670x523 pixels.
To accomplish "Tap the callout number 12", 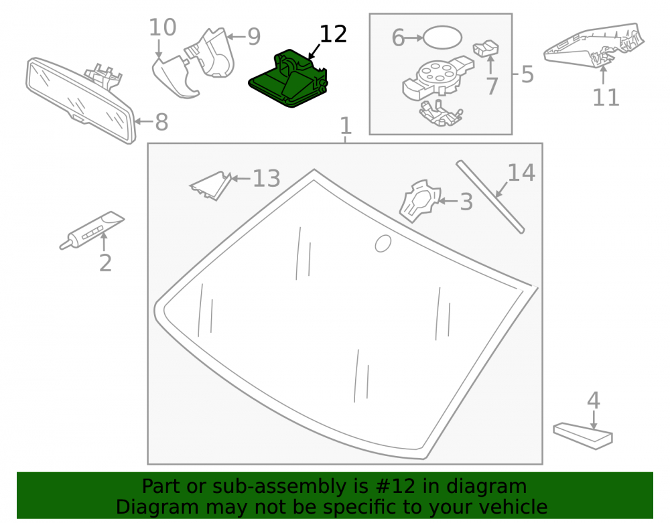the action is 333,34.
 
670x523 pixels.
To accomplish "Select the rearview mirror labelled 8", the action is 81,100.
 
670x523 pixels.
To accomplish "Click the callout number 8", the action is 161,123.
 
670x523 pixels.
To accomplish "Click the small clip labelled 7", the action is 486,48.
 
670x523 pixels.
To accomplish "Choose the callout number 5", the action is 527,74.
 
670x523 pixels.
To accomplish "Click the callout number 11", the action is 606,98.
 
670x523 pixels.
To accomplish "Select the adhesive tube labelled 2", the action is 92,230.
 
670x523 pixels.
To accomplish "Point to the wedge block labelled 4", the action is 582,436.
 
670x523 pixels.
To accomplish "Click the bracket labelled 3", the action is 420,202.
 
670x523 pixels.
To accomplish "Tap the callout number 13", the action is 266,178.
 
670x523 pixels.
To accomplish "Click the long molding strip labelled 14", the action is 490,197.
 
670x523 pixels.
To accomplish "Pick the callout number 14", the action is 521,173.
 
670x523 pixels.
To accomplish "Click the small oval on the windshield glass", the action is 383,243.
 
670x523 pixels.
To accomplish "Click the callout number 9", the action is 254,37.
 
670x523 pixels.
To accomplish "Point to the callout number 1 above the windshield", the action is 346,126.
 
